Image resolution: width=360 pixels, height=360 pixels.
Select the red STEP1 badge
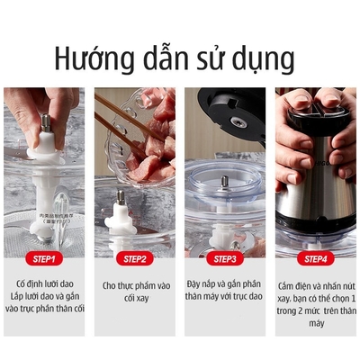44,259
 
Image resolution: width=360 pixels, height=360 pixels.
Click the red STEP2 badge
135,259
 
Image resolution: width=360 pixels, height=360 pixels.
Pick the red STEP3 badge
225,259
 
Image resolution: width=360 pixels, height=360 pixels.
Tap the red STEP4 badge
315,259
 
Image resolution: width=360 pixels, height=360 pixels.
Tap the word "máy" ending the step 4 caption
314,322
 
